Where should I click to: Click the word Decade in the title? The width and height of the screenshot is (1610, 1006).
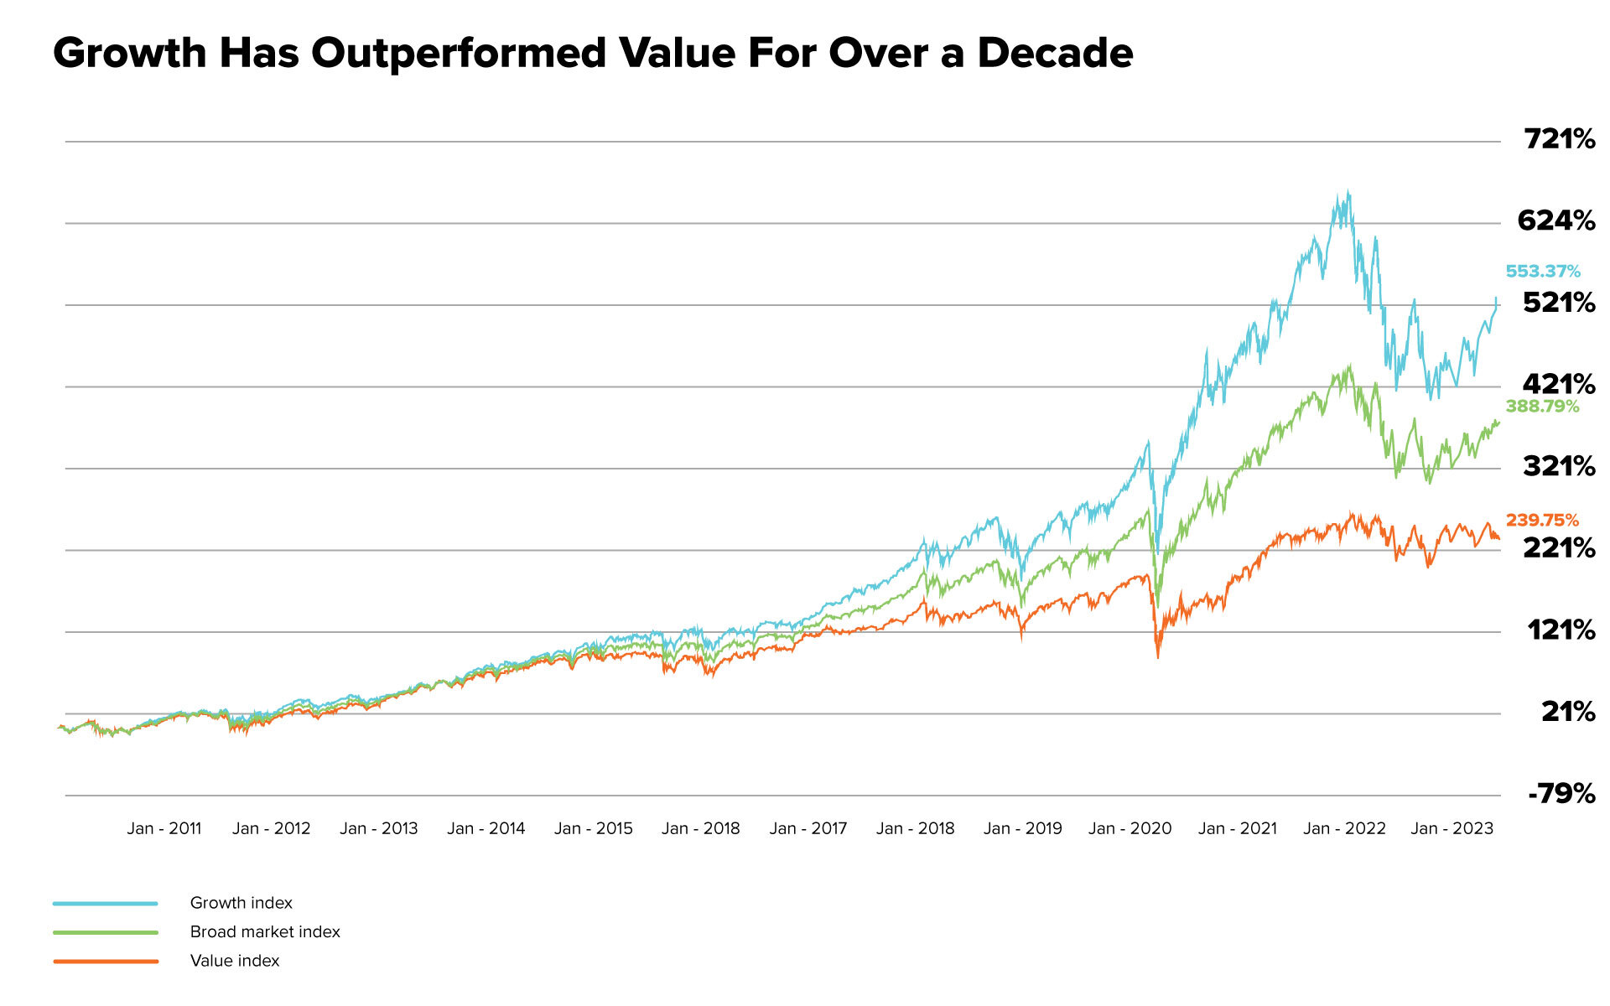(x=1055, y=53)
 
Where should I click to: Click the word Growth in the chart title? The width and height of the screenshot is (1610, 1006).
(x=130, y=53)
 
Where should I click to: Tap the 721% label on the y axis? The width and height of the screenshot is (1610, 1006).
(x=1559, y=139)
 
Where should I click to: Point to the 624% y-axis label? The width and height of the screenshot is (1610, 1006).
(x=1555, y=220)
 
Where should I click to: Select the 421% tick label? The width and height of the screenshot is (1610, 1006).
(x=1558, y=384)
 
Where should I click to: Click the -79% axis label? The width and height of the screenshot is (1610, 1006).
(x=1561, y=793)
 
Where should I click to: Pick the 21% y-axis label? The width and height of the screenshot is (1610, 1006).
(x=1567, y=712)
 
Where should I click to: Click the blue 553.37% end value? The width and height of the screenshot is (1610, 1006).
(x=1542, y=272)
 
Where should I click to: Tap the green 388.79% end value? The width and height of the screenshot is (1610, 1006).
(x=1541, y=407)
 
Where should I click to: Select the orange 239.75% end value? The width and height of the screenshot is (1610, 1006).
(x=1541, y=521)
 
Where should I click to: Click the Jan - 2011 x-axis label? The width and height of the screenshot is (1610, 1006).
(x=164, y=829)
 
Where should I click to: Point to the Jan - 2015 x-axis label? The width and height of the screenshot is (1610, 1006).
(x=594, y=829)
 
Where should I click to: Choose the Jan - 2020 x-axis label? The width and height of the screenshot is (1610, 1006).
(x=1130, y=829)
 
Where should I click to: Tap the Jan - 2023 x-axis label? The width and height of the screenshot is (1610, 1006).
(x=1452, y=829)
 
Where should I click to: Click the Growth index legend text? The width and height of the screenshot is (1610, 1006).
(x=241, y=903)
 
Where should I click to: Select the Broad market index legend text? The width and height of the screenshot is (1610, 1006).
(x=265, y=932)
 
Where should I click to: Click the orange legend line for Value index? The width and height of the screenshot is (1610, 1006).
(x=106, y=962)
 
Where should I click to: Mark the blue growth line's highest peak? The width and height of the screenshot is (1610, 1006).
(x=1348, y=192)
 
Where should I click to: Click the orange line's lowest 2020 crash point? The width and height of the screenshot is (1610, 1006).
(x=1158, y=656)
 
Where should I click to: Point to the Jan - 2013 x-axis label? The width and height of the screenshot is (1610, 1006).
(x=379, y=829)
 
